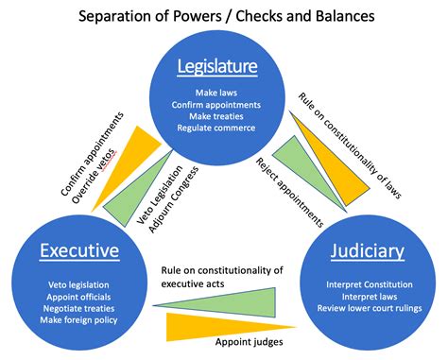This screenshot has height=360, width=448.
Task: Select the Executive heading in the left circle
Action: (79, 251)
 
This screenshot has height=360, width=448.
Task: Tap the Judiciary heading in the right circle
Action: (368, 251)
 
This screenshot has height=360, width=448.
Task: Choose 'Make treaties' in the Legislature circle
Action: (223, 115)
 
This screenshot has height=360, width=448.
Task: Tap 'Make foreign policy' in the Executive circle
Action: (79, 318)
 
